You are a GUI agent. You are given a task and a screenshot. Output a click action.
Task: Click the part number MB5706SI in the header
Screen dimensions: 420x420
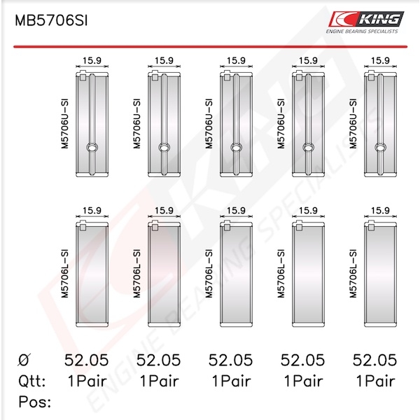[51, 20]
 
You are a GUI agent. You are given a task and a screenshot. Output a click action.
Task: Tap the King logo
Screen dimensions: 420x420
[366, 19]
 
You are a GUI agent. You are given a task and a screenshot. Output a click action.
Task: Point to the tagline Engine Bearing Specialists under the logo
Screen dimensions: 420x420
[362, 31]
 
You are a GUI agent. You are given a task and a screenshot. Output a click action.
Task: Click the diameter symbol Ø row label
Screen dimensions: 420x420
[24, 360]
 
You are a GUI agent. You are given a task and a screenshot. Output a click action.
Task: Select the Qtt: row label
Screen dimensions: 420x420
[32, 381]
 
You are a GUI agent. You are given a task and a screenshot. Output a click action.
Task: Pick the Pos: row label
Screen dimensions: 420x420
[34, 402]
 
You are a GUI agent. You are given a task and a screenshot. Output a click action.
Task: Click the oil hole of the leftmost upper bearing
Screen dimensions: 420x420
[92, 147]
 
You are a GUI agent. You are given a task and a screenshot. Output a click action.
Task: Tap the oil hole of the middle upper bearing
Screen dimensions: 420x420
[237, 147]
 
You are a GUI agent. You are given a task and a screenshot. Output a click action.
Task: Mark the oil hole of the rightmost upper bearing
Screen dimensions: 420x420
[380, 147]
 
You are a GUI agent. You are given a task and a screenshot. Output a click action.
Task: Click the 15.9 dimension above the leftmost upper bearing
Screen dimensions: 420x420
[92, 60]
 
